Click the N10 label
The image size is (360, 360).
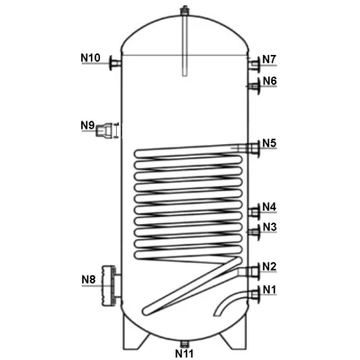pyautogui.click(x=90, y=58)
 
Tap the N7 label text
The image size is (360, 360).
pyautogui.click(x=269, y=59)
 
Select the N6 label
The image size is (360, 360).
pyautogui.click(x=270, y=81)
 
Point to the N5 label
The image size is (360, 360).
pyautogui.click(x=269, y=143)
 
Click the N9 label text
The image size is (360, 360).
pyautogui.click(x=87, y=125)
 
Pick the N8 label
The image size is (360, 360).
pyautogui.click(x=88, y=280)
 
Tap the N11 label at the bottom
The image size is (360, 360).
pyautogui.click(x=184, y=353)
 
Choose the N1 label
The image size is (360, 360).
pyautogui.click(x=270, y=290)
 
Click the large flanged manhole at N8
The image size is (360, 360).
pyautogui.click(x=111, y=285)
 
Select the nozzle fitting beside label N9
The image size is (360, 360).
pyautogui.click(x=104, y=130)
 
